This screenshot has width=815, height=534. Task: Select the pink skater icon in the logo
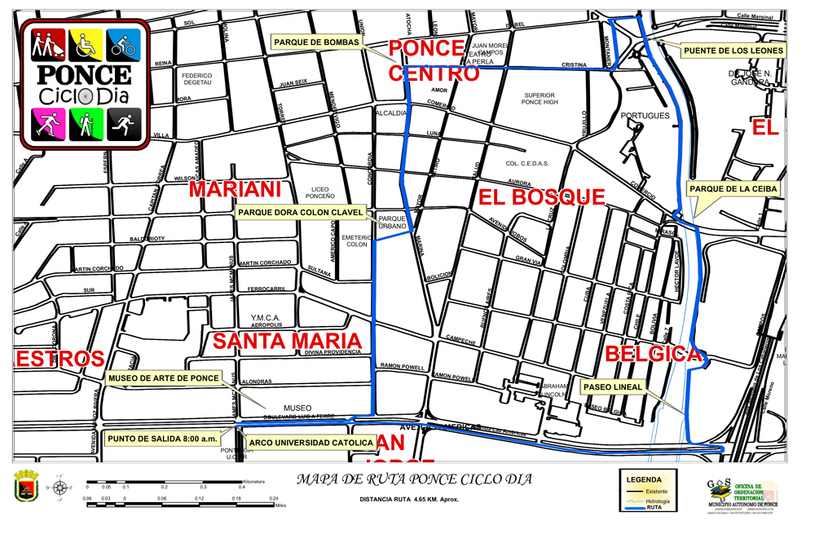point(46,123)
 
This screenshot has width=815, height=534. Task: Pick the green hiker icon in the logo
point(85,123)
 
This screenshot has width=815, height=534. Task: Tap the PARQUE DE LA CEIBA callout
point(734,189)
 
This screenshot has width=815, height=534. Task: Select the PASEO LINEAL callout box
point(614,386)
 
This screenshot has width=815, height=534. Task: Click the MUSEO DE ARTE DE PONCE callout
point(164,378)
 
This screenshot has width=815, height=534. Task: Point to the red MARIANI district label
point(235,189)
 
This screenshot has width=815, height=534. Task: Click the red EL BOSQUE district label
point(541,196)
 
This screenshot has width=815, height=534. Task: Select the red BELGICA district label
point(652,355)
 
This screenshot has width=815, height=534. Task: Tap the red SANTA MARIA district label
point(287,341)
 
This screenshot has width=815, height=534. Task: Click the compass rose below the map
point(60,488)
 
